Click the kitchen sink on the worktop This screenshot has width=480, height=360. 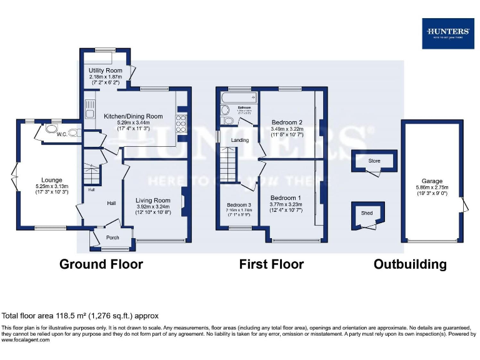90,104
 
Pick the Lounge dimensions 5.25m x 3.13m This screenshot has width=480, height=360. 51,186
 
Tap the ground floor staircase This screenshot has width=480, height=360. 91,171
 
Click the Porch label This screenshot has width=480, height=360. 112,237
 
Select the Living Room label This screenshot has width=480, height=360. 153,200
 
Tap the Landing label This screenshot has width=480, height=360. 240,140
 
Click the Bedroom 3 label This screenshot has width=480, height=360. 239,205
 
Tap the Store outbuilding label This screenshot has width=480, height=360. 374,161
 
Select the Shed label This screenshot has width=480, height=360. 367,213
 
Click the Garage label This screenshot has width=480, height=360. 432,181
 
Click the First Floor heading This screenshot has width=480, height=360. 271,264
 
